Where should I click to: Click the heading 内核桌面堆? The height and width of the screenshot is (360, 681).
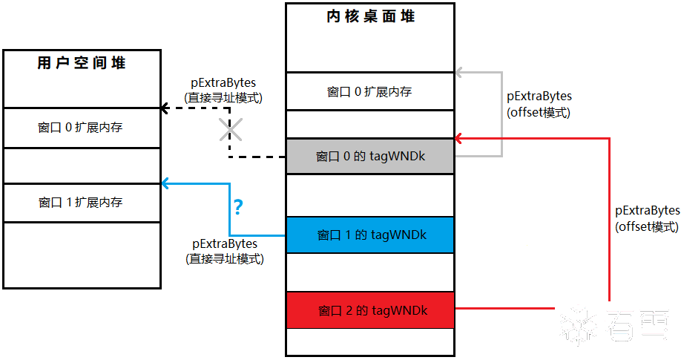click(x=370, y=16)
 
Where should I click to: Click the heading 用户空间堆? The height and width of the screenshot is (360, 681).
click(x=81, y=63)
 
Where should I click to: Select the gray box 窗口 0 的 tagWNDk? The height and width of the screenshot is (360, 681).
click(x=370, y=157)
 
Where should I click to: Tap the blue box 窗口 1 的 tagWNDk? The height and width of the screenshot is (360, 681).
click(x=370, y=235)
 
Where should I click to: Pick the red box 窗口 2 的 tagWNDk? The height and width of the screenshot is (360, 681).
click(x=370, y=310)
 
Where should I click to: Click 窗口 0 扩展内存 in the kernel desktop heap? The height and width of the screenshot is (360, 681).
click(x=369, y=92)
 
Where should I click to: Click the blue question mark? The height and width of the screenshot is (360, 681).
click(x=238, y=206)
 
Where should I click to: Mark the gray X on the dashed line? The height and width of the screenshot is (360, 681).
click(x=230, y=131)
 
